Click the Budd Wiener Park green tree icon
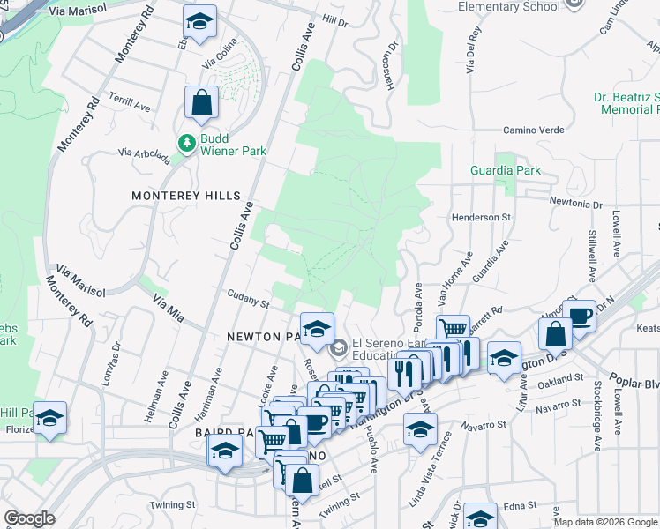click(186, 142)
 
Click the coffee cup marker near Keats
click(579, 317)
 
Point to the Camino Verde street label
click(533, 130)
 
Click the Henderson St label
click(481, 216)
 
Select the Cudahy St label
click(248, 301)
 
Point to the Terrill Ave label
click(130, 103)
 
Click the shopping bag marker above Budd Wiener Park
click(202, 102)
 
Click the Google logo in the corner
click(28, 518)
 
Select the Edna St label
click(521, 505)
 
